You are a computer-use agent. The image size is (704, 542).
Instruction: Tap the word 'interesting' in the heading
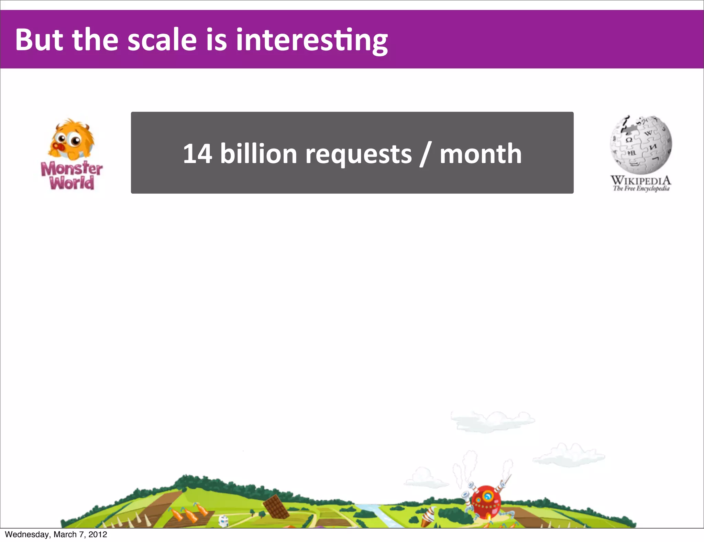pos(311,41)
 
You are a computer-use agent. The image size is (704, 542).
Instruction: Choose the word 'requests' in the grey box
pos(358,154)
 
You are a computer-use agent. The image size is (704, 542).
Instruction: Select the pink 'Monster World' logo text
pos(71,176)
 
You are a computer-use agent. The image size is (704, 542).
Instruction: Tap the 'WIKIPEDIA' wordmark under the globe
pos(641,180)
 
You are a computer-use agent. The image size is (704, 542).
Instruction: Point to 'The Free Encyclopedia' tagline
pos(641,188)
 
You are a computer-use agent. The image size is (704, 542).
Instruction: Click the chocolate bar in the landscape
pos(276,507)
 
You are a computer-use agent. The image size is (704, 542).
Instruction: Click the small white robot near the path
pos(223,521)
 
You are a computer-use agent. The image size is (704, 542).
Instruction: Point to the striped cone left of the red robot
pos(428,515)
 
